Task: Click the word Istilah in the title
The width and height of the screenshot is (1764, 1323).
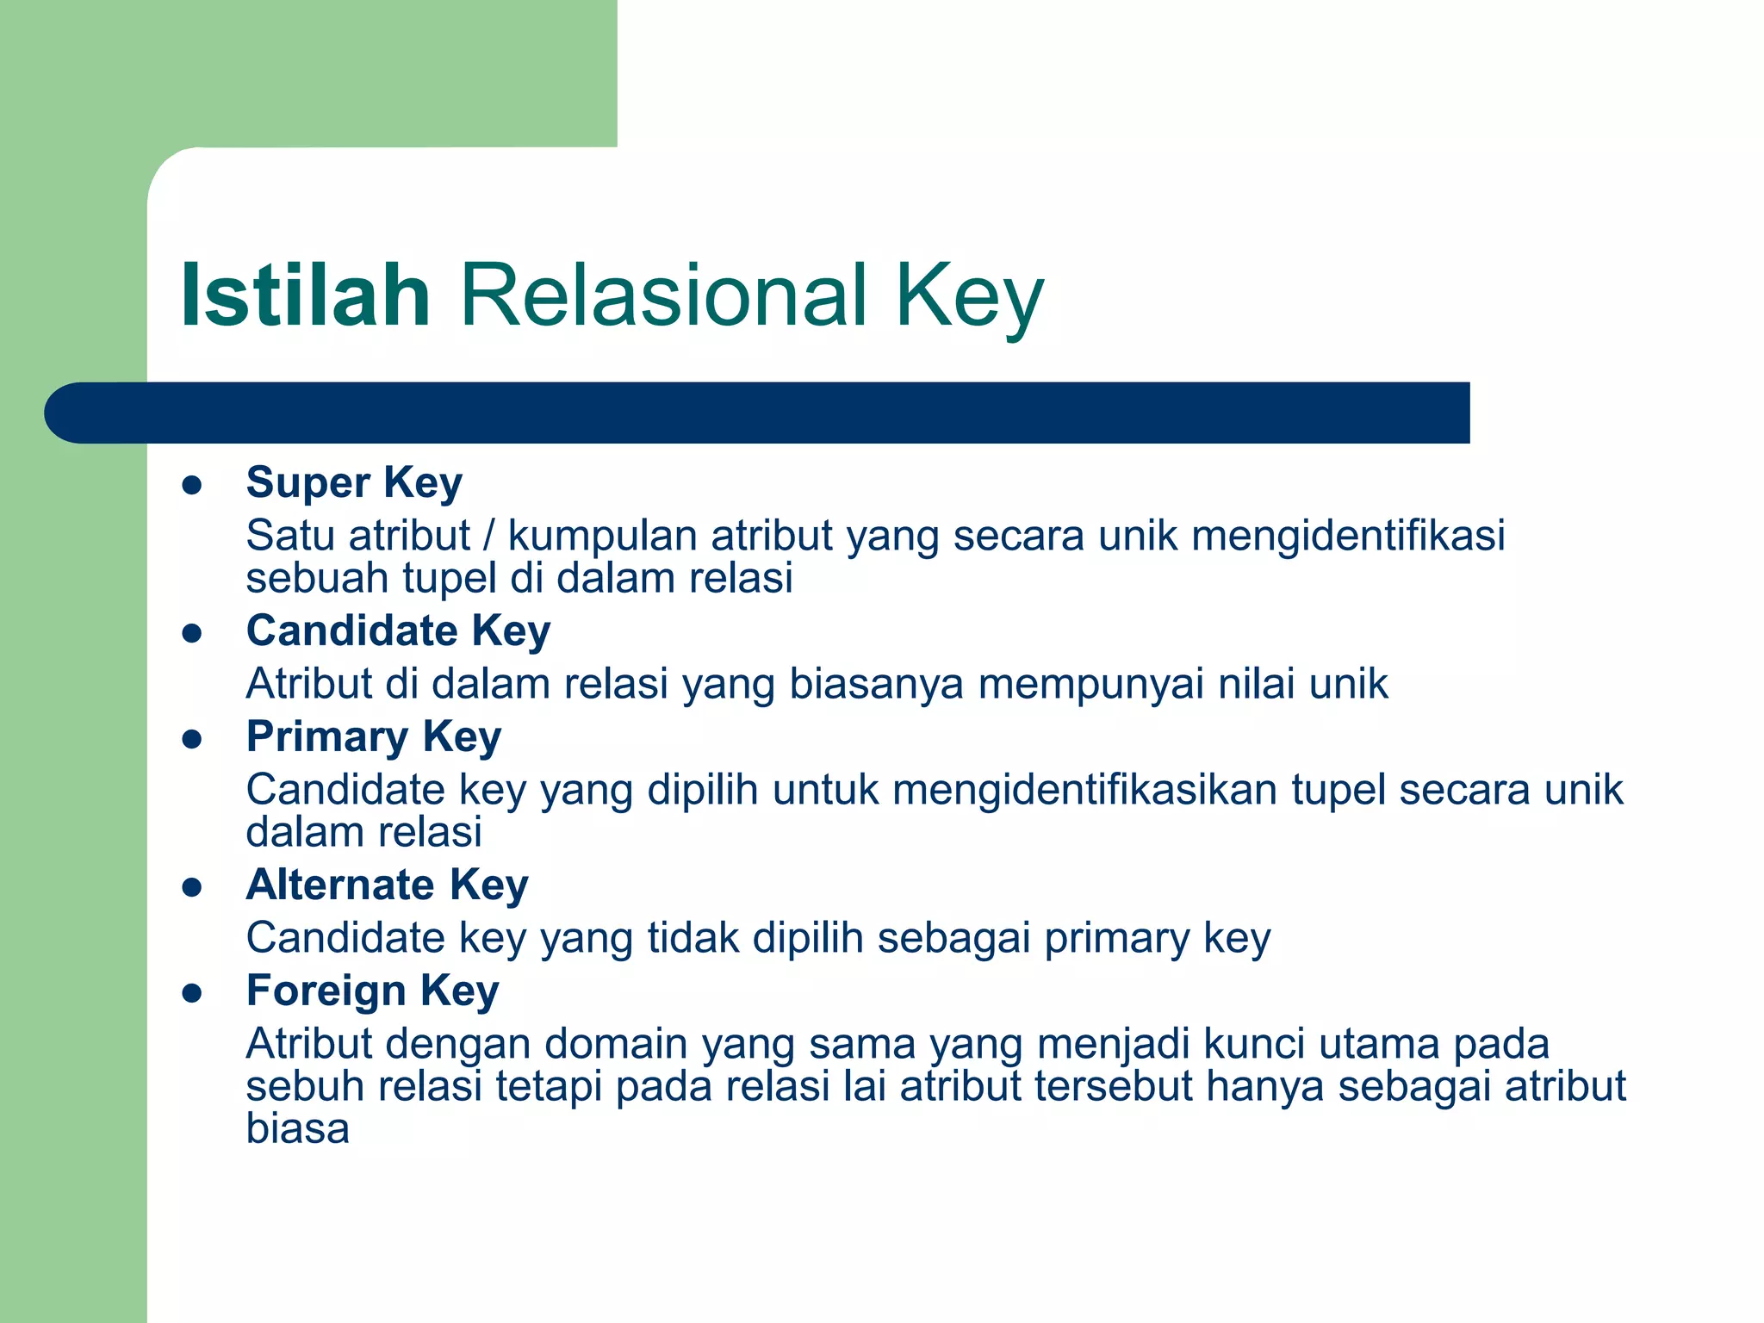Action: tap(305, 295)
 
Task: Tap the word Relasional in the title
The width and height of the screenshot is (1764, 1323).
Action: tap(663, 295)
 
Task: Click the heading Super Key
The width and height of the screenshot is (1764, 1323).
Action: tap(354, 482)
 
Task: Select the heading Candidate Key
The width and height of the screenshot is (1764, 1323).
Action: tap(398, 630)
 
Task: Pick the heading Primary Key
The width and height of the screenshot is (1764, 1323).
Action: tap(373, 737)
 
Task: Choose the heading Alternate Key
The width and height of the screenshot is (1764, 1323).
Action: tap(387, 885)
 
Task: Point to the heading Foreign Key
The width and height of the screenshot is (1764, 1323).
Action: tap(372, 991)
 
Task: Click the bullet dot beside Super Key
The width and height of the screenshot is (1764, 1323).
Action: tap(192, 485)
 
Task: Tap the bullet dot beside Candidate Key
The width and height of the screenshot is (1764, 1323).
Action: tap(192, 634)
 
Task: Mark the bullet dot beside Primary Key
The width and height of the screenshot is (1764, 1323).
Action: tap(192, 740)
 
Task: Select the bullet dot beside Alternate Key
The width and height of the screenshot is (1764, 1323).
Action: tap(192, 888)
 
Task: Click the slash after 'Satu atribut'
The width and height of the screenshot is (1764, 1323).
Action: tap(488, 536)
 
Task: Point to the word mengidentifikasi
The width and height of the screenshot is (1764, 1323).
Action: tap(1348, 536)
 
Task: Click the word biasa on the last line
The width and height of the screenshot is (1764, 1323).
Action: tap(297, 1128)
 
